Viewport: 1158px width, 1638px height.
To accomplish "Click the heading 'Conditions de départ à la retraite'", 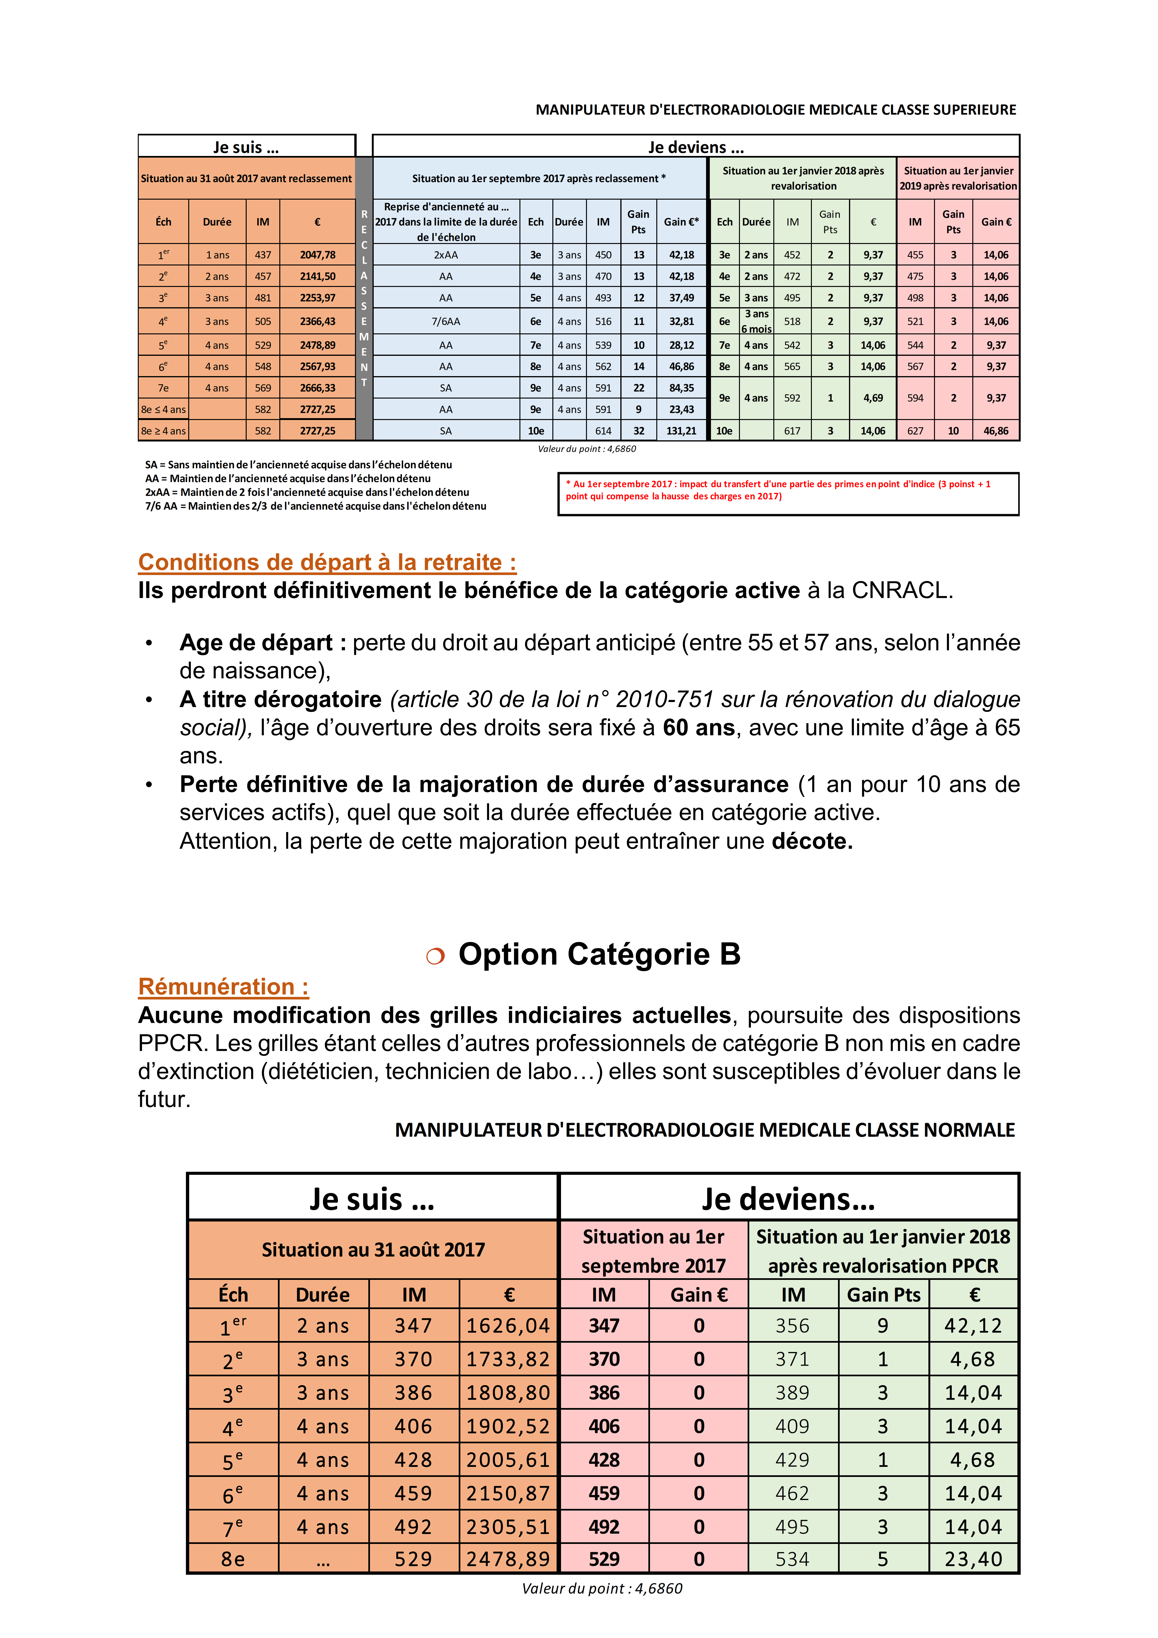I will click(327, 562).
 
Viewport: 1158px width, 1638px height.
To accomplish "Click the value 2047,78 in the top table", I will click(317, 255).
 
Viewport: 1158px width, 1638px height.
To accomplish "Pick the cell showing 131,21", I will click(681, 431).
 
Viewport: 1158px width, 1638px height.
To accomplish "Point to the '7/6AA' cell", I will click(446, 322).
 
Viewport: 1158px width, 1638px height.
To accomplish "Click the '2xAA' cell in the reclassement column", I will click(446, 255).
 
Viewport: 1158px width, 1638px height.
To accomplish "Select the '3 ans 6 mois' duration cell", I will click(756, 322).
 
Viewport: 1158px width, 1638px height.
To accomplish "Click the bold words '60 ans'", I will click(699, 728).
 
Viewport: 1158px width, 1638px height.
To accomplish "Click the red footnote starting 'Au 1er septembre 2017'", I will click(778, 490).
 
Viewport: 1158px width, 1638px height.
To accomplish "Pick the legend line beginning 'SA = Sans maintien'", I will click(298, 464).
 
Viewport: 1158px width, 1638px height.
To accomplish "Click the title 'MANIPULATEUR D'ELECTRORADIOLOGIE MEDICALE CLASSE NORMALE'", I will click(705, 1130).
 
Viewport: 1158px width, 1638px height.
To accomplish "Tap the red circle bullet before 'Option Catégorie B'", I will click(435, 956).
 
